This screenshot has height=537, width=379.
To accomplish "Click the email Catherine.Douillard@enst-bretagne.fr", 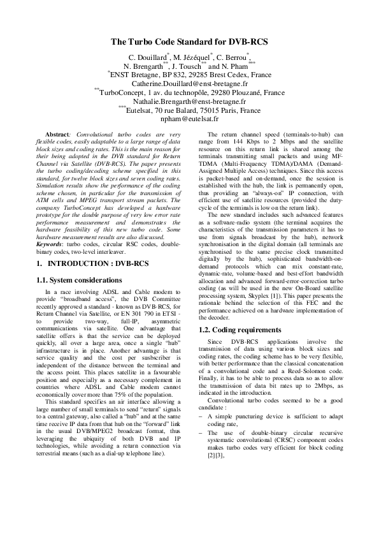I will click(189, 84).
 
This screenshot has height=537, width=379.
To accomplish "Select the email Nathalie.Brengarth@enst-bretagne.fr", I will click(189, 101).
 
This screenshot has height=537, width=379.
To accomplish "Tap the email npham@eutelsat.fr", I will click(189, 119).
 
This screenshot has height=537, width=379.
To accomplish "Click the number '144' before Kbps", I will click(227, 142).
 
